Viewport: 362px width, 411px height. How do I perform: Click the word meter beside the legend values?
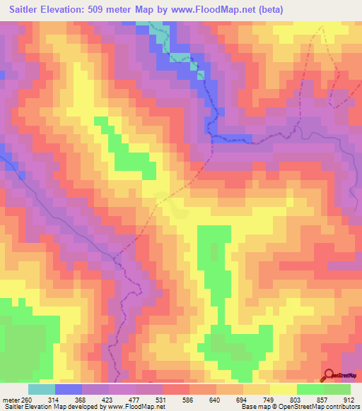pos(11,399)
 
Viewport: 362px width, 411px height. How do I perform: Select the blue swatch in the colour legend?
pos(68,389)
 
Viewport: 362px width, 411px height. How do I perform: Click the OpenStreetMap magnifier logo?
pos(329,375)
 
